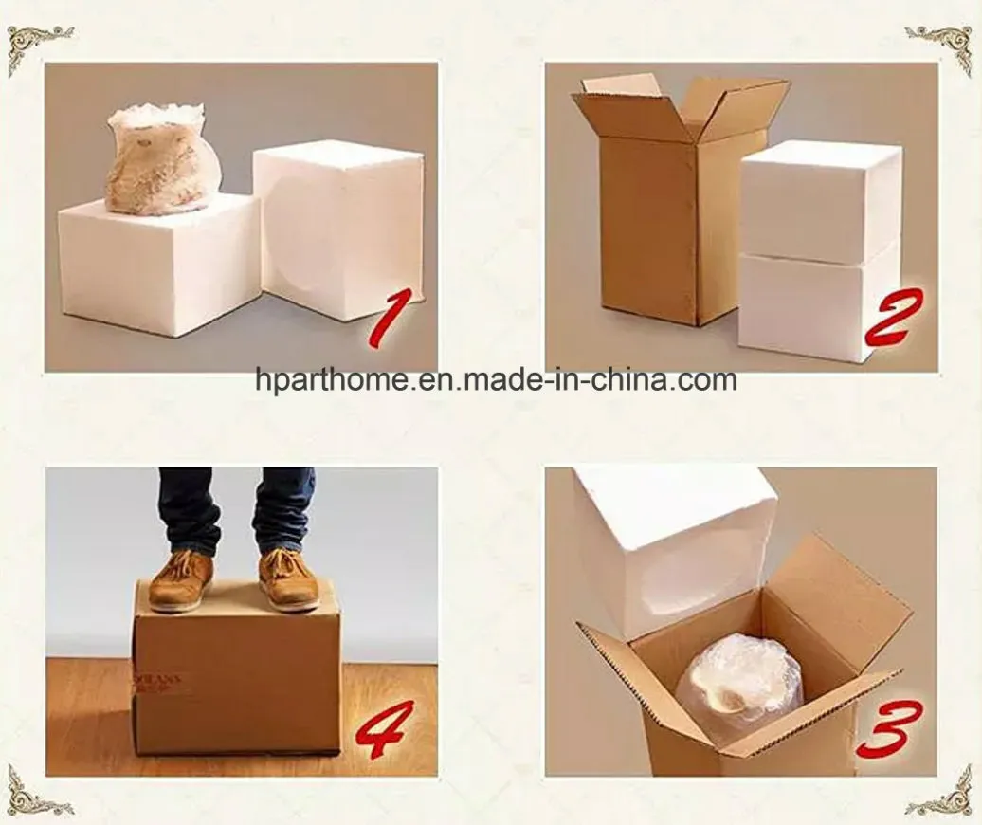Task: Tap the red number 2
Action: coord(893,318)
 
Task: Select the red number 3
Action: coord(888,728)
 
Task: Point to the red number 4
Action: coord(386,728)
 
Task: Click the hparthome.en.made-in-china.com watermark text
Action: coord(496,381)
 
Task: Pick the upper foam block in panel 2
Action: coord(821,201)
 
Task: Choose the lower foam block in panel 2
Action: coord(817,305)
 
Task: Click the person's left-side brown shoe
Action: coord(181,579)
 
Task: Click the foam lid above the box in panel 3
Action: coord(670,545)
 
